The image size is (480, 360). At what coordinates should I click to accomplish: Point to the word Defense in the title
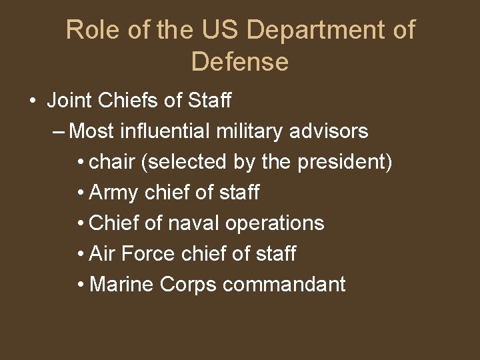click(239, 62)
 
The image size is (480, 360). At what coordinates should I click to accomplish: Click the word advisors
click(329, 131)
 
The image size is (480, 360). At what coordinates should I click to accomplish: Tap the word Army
click(113, 193)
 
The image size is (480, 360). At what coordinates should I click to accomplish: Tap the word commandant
click(284, 285)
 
